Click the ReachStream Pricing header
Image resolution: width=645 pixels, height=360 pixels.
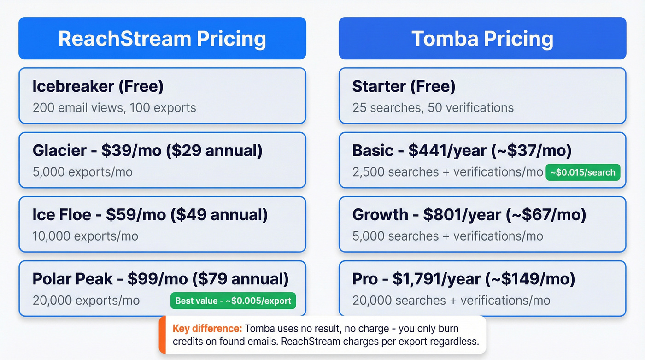[162, 39]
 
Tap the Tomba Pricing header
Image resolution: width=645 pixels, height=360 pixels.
[482, 39]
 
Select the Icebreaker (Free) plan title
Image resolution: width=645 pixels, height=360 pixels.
[98, 86]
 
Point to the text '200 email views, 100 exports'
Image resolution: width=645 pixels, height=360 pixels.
[114, 108]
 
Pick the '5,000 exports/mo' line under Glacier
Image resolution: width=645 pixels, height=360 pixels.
[82, 172]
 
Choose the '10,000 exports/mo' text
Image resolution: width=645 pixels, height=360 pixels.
[85, 236]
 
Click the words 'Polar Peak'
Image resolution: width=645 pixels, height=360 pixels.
[72, 279]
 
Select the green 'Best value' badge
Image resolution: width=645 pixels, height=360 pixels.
[233, 301]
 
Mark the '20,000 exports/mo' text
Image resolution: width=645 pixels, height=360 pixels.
[86, 301]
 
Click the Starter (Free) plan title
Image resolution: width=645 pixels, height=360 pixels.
[404, 86]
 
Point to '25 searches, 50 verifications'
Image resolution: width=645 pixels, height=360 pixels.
[433, 108]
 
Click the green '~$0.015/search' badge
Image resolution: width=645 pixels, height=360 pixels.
[583, 172]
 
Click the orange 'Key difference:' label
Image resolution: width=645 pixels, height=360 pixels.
[207, 329]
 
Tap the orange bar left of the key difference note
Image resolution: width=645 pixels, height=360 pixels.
[162, 335]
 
